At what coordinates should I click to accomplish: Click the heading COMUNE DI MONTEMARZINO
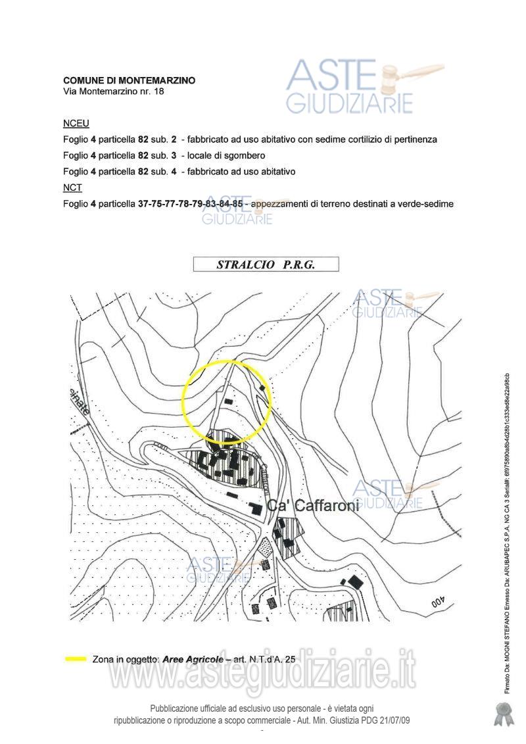pos(129,80)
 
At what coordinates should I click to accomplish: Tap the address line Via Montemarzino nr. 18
pos(113,92)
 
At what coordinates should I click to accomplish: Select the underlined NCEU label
pos(76,124)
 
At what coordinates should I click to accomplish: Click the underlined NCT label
pos(72,187)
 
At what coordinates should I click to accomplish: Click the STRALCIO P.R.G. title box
pos(266,264)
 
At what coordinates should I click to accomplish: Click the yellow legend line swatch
pos(76,658)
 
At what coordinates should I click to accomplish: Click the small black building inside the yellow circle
pos(228,400)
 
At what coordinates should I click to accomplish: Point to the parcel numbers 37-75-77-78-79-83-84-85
pos(191,204)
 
